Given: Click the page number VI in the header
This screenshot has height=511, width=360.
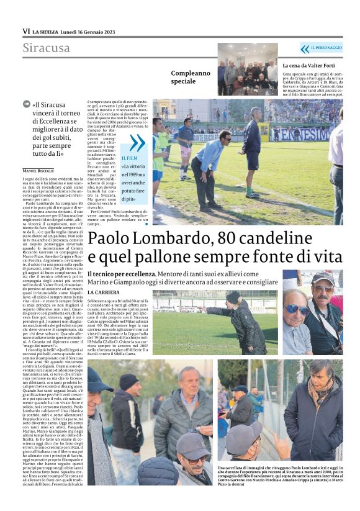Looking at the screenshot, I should [26, 31].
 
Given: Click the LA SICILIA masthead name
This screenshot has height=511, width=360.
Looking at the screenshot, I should [46, 31].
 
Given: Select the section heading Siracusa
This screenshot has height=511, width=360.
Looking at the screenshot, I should [47, 48].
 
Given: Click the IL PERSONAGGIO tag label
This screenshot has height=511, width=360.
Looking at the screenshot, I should [326, 48].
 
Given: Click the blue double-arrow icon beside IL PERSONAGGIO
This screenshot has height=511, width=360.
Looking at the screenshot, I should [305, 48].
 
